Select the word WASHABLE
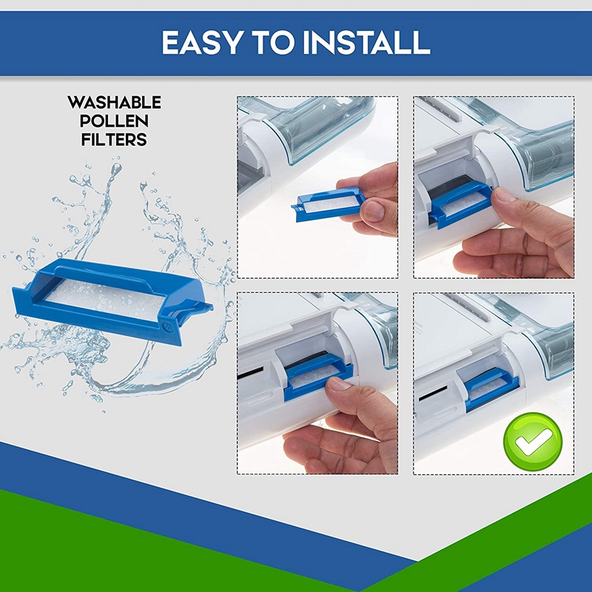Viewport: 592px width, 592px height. (x=114, y=102)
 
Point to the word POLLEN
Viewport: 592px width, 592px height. (x=114, y=121)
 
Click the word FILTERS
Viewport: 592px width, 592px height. (x=114, y=138)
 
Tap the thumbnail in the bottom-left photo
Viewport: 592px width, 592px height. (x=341, y=383)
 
